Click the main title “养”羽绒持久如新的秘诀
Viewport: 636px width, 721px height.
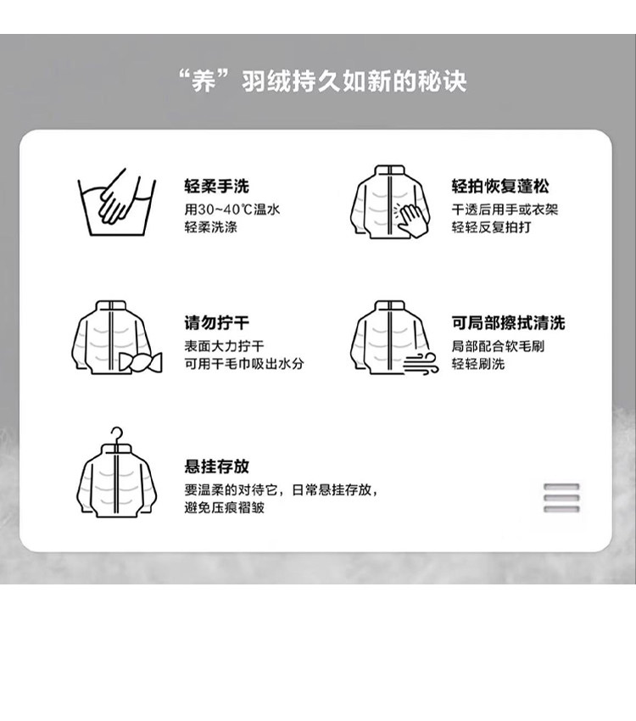tap(322, 81)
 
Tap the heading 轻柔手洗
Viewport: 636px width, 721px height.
tap(216, 187)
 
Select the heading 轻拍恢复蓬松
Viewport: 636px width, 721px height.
tap(500, 187)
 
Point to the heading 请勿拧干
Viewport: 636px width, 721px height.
tap(216, 322)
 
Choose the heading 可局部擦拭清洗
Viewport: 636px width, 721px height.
tap(508, 322)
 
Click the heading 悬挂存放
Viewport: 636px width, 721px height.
tap(216, 466)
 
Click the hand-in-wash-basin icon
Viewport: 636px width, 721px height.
tap(117, 203)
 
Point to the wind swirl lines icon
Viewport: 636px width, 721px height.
tap(421, 363)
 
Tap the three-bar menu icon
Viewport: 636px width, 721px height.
tap(561, 498)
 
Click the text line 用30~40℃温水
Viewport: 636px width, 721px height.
tap(232, 210)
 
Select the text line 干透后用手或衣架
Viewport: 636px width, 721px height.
tap(505, 210)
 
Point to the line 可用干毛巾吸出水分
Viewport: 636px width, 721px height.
tap(244, 364)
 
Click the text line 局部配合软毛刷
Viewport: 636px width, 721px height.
tap(498, 346)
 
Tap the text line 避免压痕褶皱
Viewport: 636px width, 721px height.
tap(224, 507)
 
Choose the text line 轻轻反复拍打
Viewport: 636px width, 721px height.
tap(491, 227)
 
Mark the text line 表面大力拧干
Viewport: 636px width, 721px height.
tap(224, 346)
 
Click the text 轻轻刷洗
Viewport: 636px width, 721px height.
tap(478, 364)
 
